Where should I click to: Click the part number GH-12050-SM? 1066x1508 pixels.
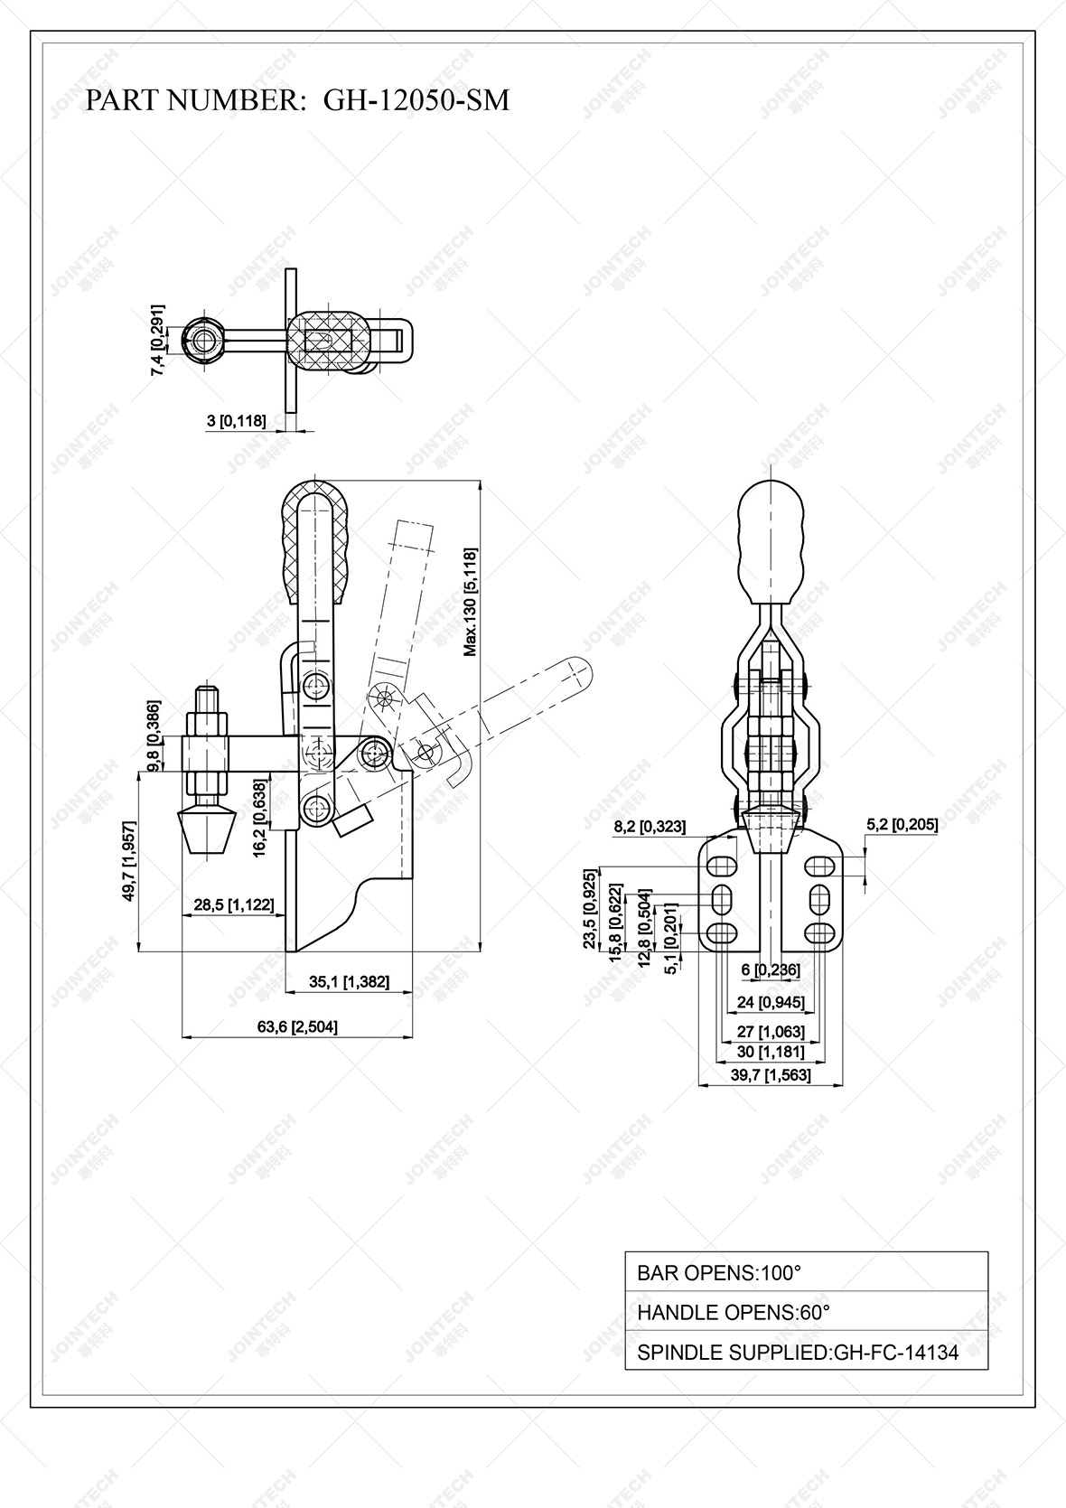click(416, 100)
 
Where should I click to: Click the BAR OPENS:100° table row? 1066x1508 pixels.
click(806, 1272)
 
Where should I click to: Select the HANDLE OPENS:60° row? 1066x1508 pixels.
click(806, 1312)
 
